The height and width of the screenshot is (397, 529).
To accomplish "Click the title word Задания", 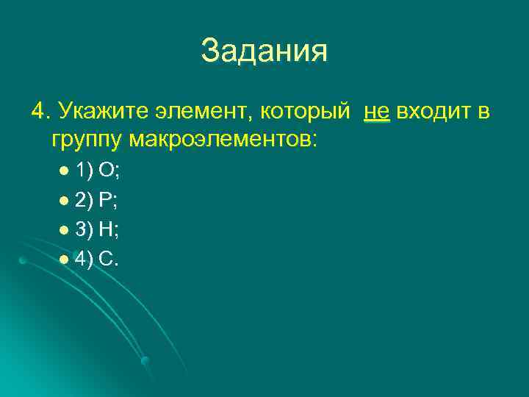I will tap(264, 51).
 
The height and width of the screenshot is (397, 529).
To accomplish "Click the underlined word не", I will tap(376, 112).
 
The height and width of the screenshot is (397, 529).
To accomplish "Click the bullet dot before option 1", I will tap(64, 172).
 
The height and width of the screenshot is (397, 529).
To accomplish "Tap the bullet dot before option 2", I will tap(64, 201).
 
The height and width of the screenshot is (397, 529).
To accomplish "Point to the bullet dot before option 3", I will tap(64, 231).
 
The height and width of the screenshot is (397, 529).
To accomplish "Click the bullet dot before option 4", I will tap(64, 260).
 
